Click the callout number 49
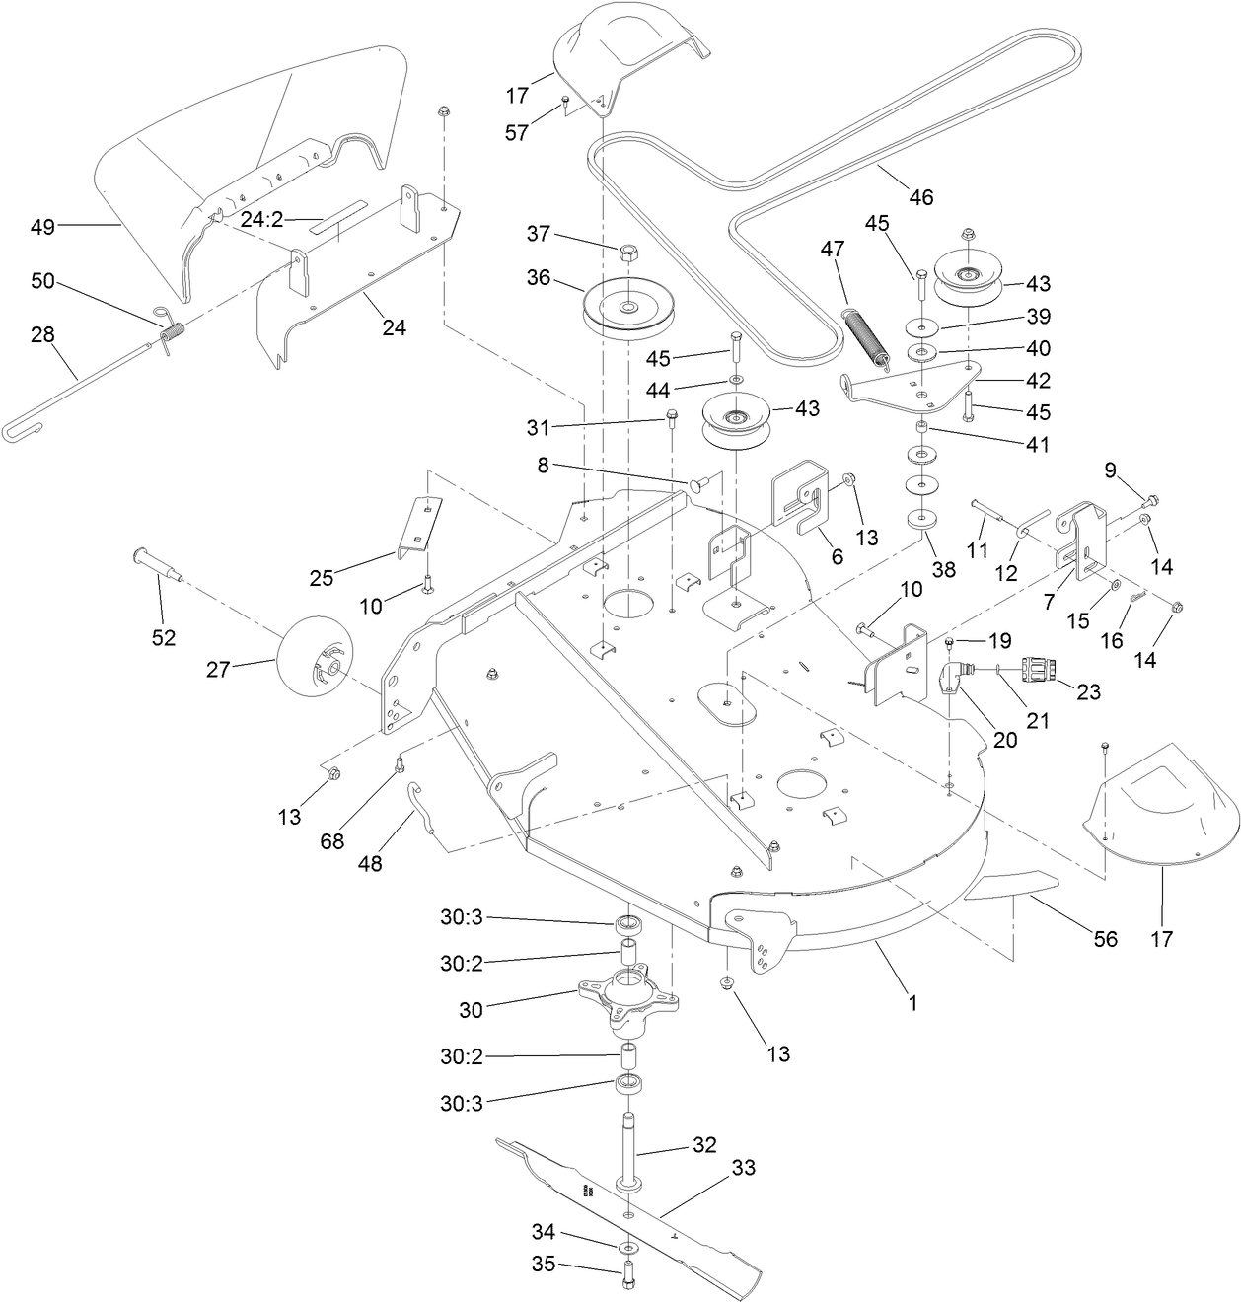click(41, 227)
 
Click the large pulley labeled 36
click(627, 309)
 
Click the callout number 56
click(1106, 939)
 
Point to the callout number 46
click(920, 197)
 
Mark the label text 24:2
click(262, 220)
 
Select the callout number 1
click(912, 1003)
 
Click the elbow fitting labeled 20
click(954, 679)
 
